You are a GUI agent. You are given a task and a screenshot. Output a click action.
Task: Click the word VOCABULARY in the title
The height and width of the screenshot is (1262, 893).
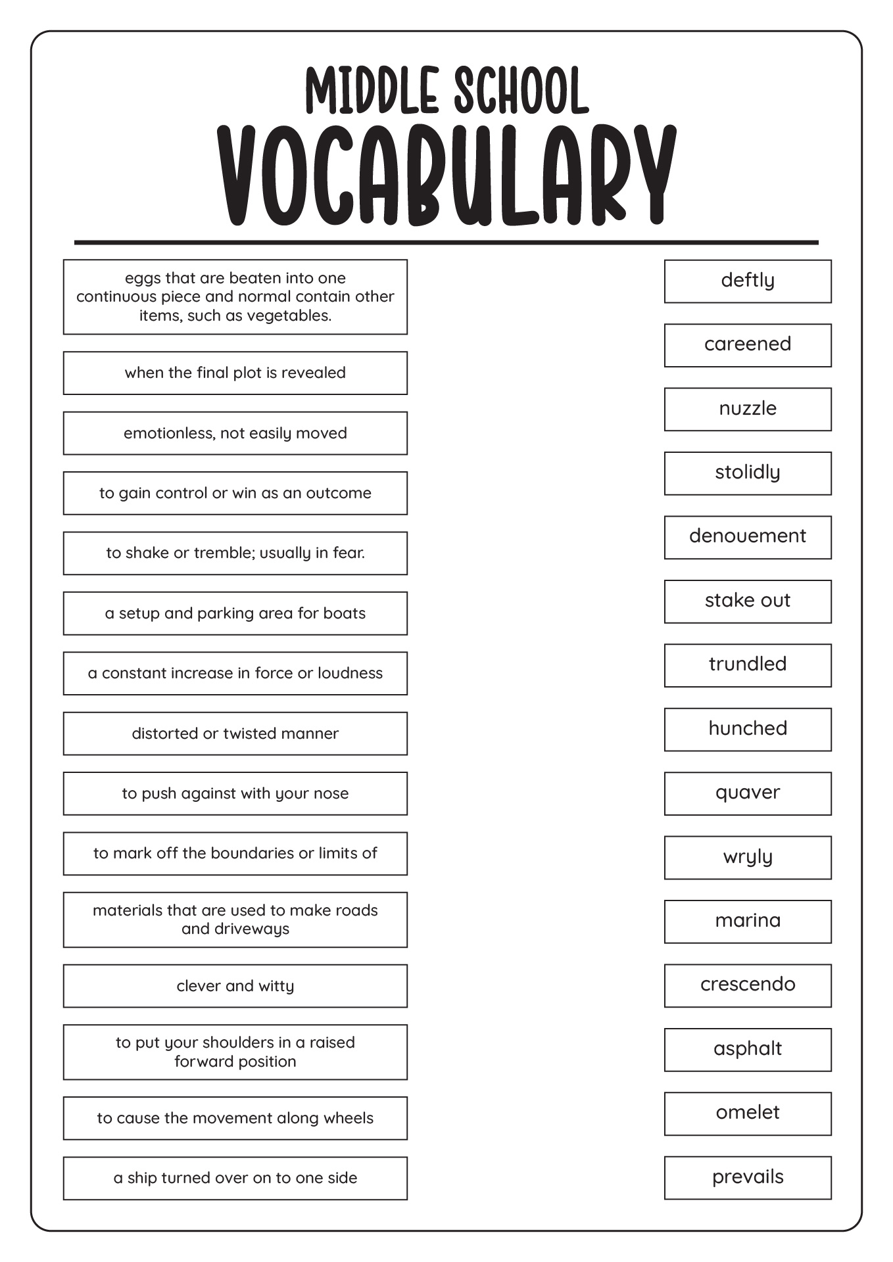[x=446, y=176]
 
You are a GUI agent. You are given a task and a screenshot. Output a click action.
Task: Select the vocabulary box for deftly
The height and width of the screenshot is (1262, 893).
[x=748, y=281]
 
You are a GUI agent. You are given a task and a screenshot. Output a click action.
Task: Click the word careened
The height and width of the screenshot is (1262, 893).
[x=748, y=345]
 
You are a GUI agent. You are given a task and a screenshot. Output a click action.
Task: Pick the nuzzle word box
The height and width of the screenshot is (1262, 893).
[x=748, y=409]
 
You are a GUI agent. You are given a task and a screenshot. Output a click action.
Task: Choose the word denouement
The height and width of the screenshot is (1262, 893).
[x=748, y=537]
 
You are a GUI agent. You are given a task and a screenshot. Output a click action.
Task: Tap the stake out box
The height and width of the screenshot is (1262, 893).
[x=748, y=601]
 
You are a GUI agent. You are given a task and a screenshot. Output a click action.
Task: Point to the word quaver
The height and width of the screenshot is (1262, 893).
[x=748, y=793]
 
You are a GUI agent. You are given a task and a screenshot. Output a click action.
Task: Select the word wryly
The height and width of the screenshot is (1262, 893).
[x=748, y=857]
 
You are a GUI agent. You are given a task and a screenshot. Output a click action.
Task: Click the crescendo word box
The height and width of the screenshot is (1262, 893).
[x=748, y=985]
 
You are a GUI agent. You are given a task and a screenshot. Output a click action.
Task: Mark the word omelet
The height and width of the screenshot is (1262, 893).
[x=748, y=1113]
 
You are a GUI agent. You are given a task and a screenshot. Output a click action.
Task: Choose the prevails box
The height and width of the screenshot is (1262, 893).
[x=748, y=1177]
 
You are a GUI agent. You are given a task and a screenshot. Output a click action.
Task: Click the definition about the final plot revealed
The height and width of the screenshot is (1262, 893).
[x=235, y=373]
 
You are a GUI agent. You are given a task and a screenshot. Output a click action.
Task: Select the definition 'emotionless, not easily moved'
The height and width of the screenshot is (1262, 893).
[x=235, y=433]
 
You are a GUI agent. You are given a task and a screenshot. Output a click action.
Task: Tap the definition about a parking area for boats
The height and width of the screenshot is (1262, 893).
[x=235, y=613]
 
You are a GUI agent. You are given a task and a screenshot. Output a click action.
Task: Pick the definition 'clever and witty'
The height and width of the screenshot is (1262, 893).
[x=235, y=986]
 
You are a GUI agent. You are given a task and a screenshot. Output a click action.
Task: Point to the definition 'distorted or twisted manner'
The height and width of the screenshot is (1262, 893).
[x=235, y=734]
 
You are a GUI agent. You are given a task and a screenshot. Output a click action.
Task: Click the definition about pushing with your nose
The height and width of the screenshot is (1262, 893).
[x=235, y=793]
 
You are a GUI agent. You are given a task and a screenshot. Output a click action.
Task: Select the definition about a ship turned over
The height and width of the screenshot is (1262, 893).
[x=235, y=1178]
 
